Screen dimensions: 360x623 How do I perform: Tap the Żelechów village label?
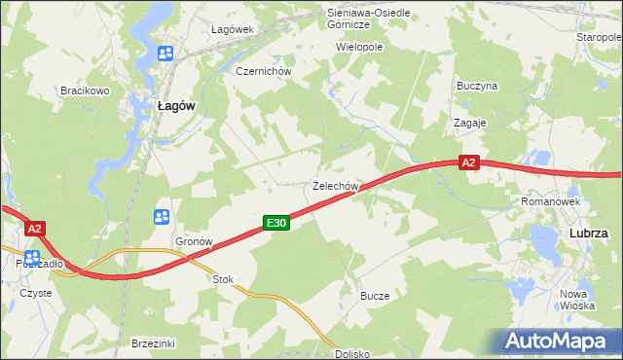click(x=337, y=185)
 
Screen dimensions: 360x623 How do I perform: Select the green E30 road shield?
click(x=276, y=224)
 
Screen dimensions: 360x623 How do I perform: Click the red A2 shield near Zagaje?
click(x=469, y=163)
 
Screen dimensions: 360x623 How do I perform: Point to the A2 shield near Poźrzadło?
click(x=35, y=229)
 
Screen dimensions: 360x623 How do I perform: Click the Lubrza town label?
click(x=589, y=234)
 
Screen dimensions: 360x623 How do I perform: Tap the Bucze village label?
click(x=375, y=296)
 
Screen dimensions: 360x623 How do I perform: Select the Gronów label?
click(x=194, y=241)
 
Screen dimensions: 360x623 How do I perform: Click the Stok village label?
click(x=224, y=279)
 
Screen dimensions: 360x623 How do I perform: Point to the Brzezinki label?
click(x=153, y=343)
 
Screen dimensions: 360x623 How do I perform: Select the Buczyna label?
click(x=477, y=86)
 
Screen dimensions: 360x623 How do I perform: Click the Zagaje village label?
click(x=469, y=124)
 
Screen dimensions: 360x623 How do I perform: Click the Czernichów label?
click(x=257, y=71)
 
